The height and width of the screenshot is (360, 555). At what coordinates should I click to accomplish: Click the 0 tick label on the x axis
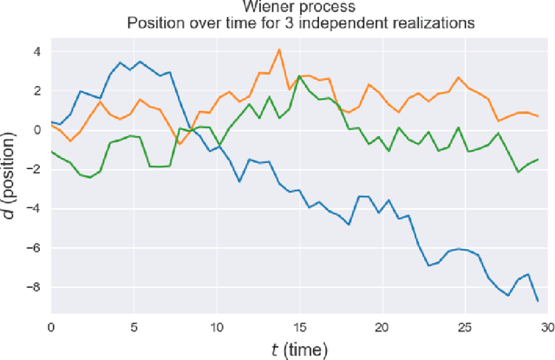[x=50, y=327]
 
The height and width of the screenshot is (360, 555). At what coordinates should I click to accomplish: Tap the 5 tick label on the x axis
[x=134, y=327]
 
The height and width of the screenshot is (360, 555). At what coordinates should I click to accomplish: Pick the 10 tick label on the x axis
[x=216, y=327]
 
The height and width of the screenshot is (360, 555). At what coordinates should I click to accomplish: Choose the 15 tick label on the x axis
[x=298, y=327]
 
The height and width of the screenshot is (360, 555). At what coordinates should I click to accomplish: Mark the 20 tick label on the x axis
[x=381, y=327]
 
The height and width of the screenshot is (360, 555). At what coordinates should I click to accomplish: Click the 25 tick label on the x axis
[x=463, y=327]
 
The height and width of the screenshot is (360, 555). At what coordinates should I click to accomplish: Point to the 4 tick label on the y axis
[x=37, y=51]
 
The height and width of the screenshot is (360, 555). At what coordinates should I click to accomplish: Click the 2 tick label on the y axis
[x=37, y=90]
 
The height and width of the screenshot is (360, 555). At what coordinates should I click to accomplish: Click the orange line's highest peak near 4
[x=279, y=49]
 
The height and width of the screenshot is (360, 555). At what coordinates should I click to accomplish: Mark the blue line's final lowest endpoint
[x=538, y=301]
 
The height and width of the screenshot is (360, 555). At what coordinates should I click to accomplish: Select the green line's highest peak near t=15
[x=299, y=75]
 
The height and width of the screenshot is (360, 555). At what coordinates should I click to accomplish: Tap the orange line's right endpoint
[x=538, y=116]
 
